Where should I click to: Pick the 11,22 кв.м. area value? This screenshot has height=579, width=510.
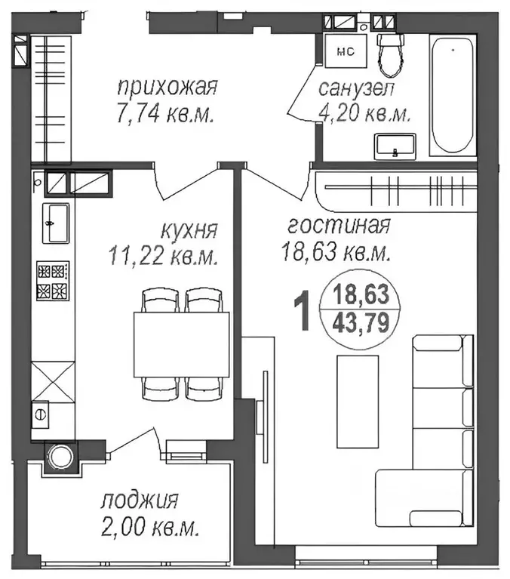click(164, 256)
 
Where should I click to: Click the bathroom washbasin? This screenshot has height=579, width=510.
click(395, 145)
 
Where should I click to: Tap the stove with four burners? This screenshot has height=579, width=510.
click(54, 280)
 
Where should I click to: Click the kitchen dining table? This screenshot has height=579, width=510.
click(182, 344)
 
